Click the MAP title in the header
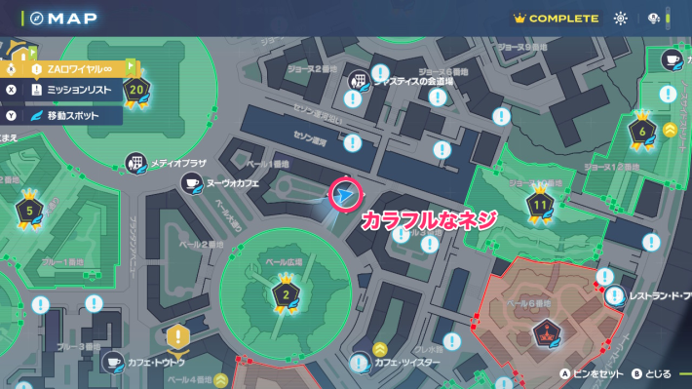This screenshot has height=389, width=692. [x=66, y=19]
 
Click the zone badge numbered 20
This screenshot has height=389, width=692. [x=136, y=90]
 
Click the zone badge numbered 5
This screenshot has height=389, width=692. [x=29, y=210]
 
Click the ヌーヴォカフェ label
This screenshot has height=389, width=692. [x=228, y=183]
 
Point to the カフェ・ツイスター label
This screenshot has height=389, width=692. [x=407, y=362]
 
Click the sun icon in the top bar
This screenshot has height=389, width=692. [x=621, y=19]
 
